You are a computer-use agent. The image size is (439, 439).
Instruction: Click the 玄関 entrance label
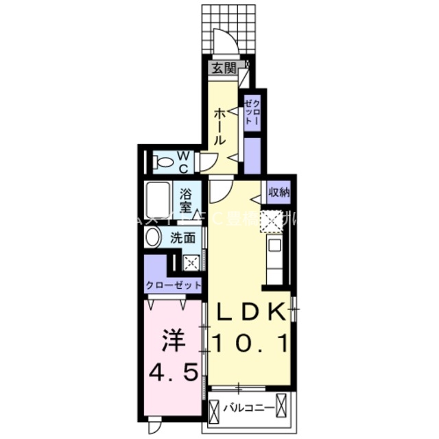(222, 68)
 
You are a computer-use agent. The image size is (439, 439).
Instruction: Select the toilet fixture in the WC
(165, 163)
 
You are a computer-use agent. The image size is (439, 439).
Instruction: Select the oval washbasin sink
(154, 238)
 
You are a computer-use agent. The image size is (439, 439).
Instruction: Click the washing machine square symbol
(192, 261)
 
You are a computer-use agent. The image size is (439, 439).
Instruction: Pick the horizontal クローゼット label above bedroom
(174, 285)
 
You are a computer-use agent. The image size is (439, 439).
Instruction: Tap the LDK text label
(250, 312)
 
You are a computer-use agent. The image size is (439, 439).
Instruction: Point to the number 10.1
(251, 341)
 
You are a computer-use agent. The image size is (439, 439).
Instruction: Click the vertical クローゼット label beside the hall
(252, 109)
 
